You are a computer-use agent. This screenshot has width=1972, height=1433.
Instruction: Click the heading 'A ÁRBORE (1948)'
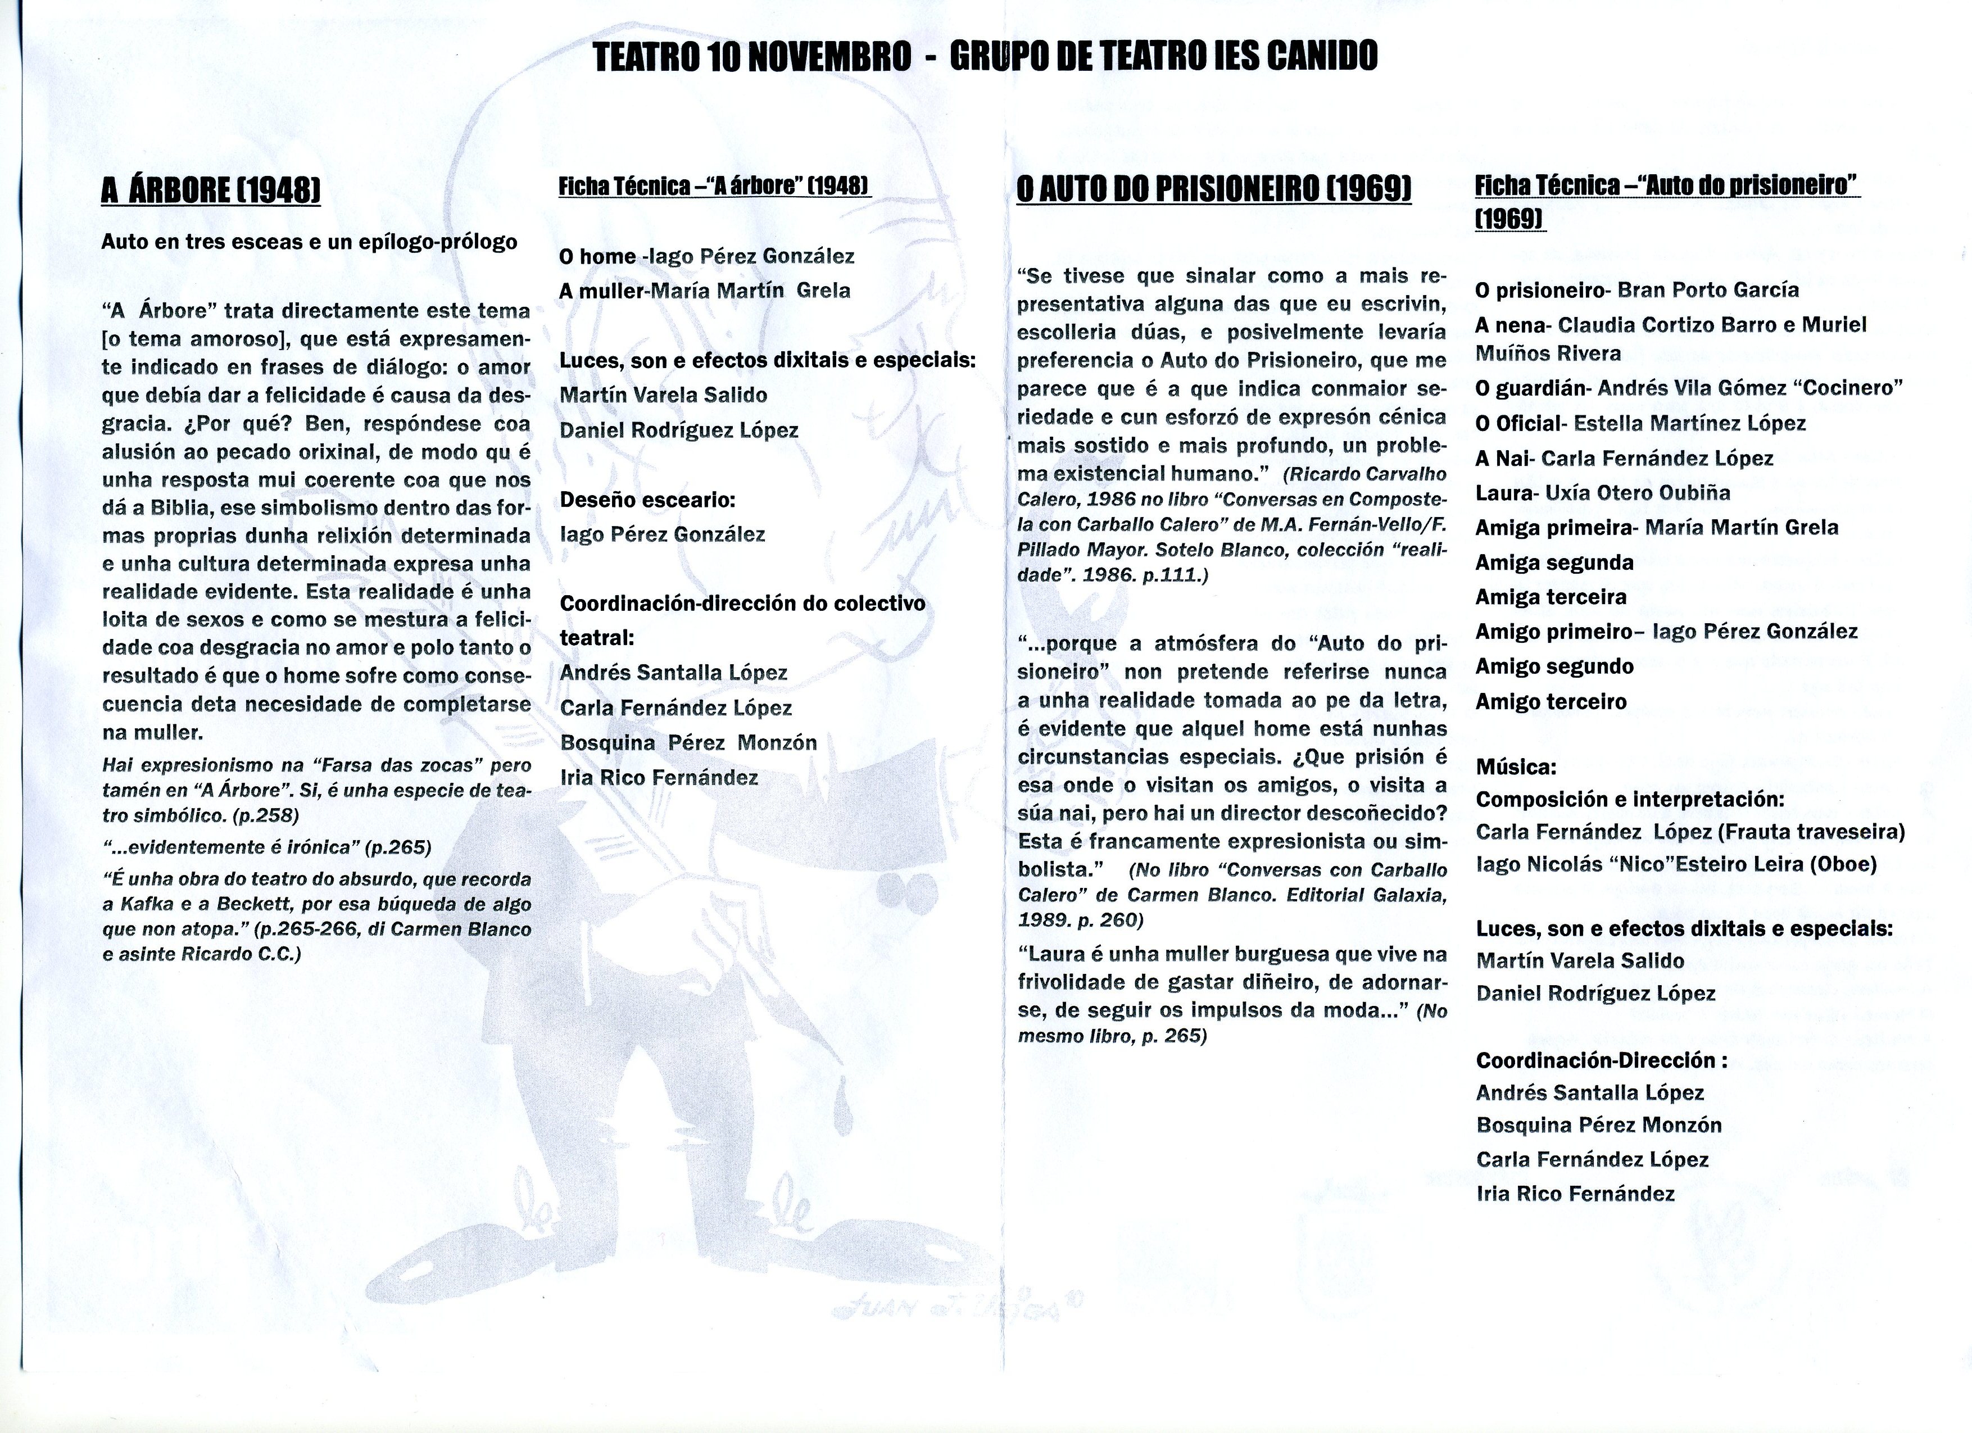tap(210, 191)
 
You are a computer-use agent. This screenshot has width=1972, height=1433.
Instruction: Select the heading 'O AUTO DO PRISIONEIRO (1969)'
tap(1214, 189)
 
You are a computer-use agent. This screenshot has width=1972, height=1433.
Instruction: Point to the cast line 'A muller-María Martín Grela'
tap(704, 291)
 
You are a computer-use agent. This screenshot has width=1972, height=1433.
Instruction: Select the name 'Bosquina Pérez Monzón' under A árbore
tap(688, 742)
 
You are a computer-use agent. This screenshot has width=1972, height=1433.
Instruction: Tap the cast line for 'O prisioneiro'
tap(1637, 289)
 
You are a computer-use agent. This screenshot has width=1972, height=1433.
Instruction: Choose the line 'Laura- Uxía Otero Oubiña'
tap(1602, 493)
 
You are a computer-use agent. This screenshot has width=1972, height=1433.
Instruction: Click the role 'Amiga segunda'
tap(1554, 563)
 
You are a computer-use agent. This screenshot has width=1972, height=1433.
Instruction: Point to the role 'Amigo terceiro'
tap(1551, 702)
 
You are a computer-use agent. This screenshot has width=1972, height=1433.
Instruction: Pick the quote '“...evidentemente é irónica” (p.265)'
tap(266, 847)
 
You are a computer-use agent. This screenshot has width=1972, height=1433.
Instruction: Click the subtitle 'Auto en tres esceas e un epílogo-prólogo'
tap(309, 242)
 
